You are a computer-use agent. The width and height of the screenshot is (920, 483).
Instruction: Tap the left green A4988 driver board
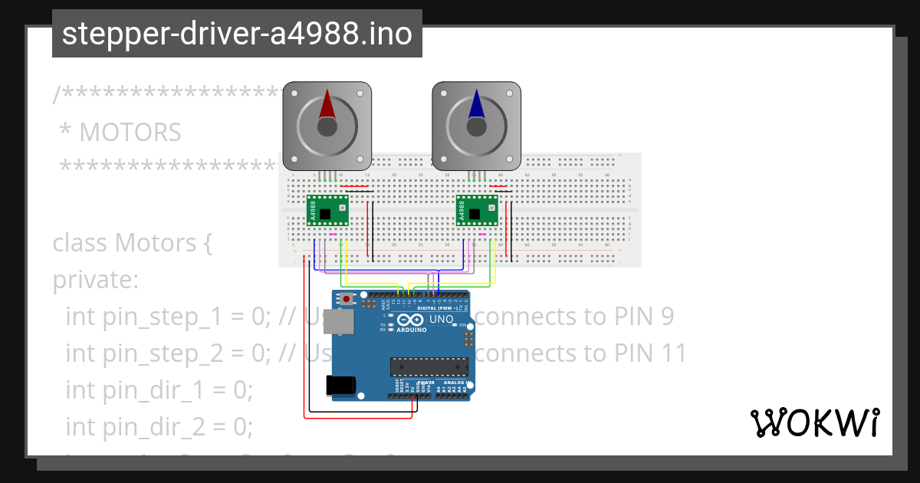pos(327,210)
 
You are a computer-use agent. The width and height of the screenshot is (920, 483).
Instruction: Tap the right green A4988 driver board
pos(476,210)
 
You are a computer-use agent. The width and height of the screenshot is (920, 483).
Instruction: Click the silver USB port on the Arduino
pos(338,322)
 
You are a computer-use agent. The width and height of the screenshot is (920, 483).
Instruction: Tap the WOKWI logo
pos(813,422)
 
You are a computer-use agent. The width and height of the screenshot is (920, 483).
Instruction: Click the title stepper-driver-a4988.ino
pos(237,34)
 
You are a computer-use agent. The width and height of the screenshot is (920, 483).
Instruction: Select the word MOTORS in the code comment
pos(130,133)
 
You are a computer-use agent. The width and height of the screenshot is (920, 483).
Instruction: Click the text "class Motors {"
pos(131,243)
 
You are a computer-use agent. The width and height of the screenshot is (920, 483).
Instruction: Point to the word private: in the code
pos(95,280)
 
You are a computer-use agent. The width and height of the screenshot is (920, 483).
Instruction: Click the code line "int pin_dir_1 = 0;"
pos(159,390)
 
